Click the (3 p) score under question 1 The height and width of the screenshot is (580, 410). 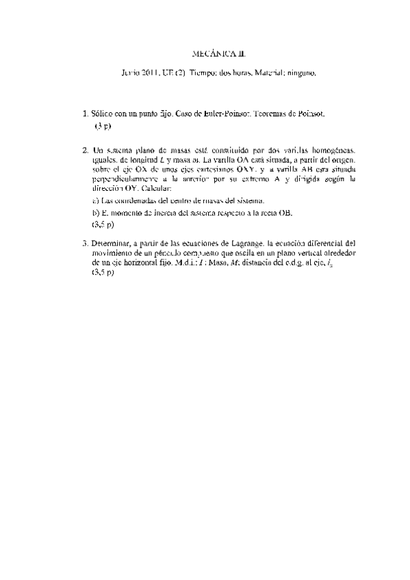pos(103,127)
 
